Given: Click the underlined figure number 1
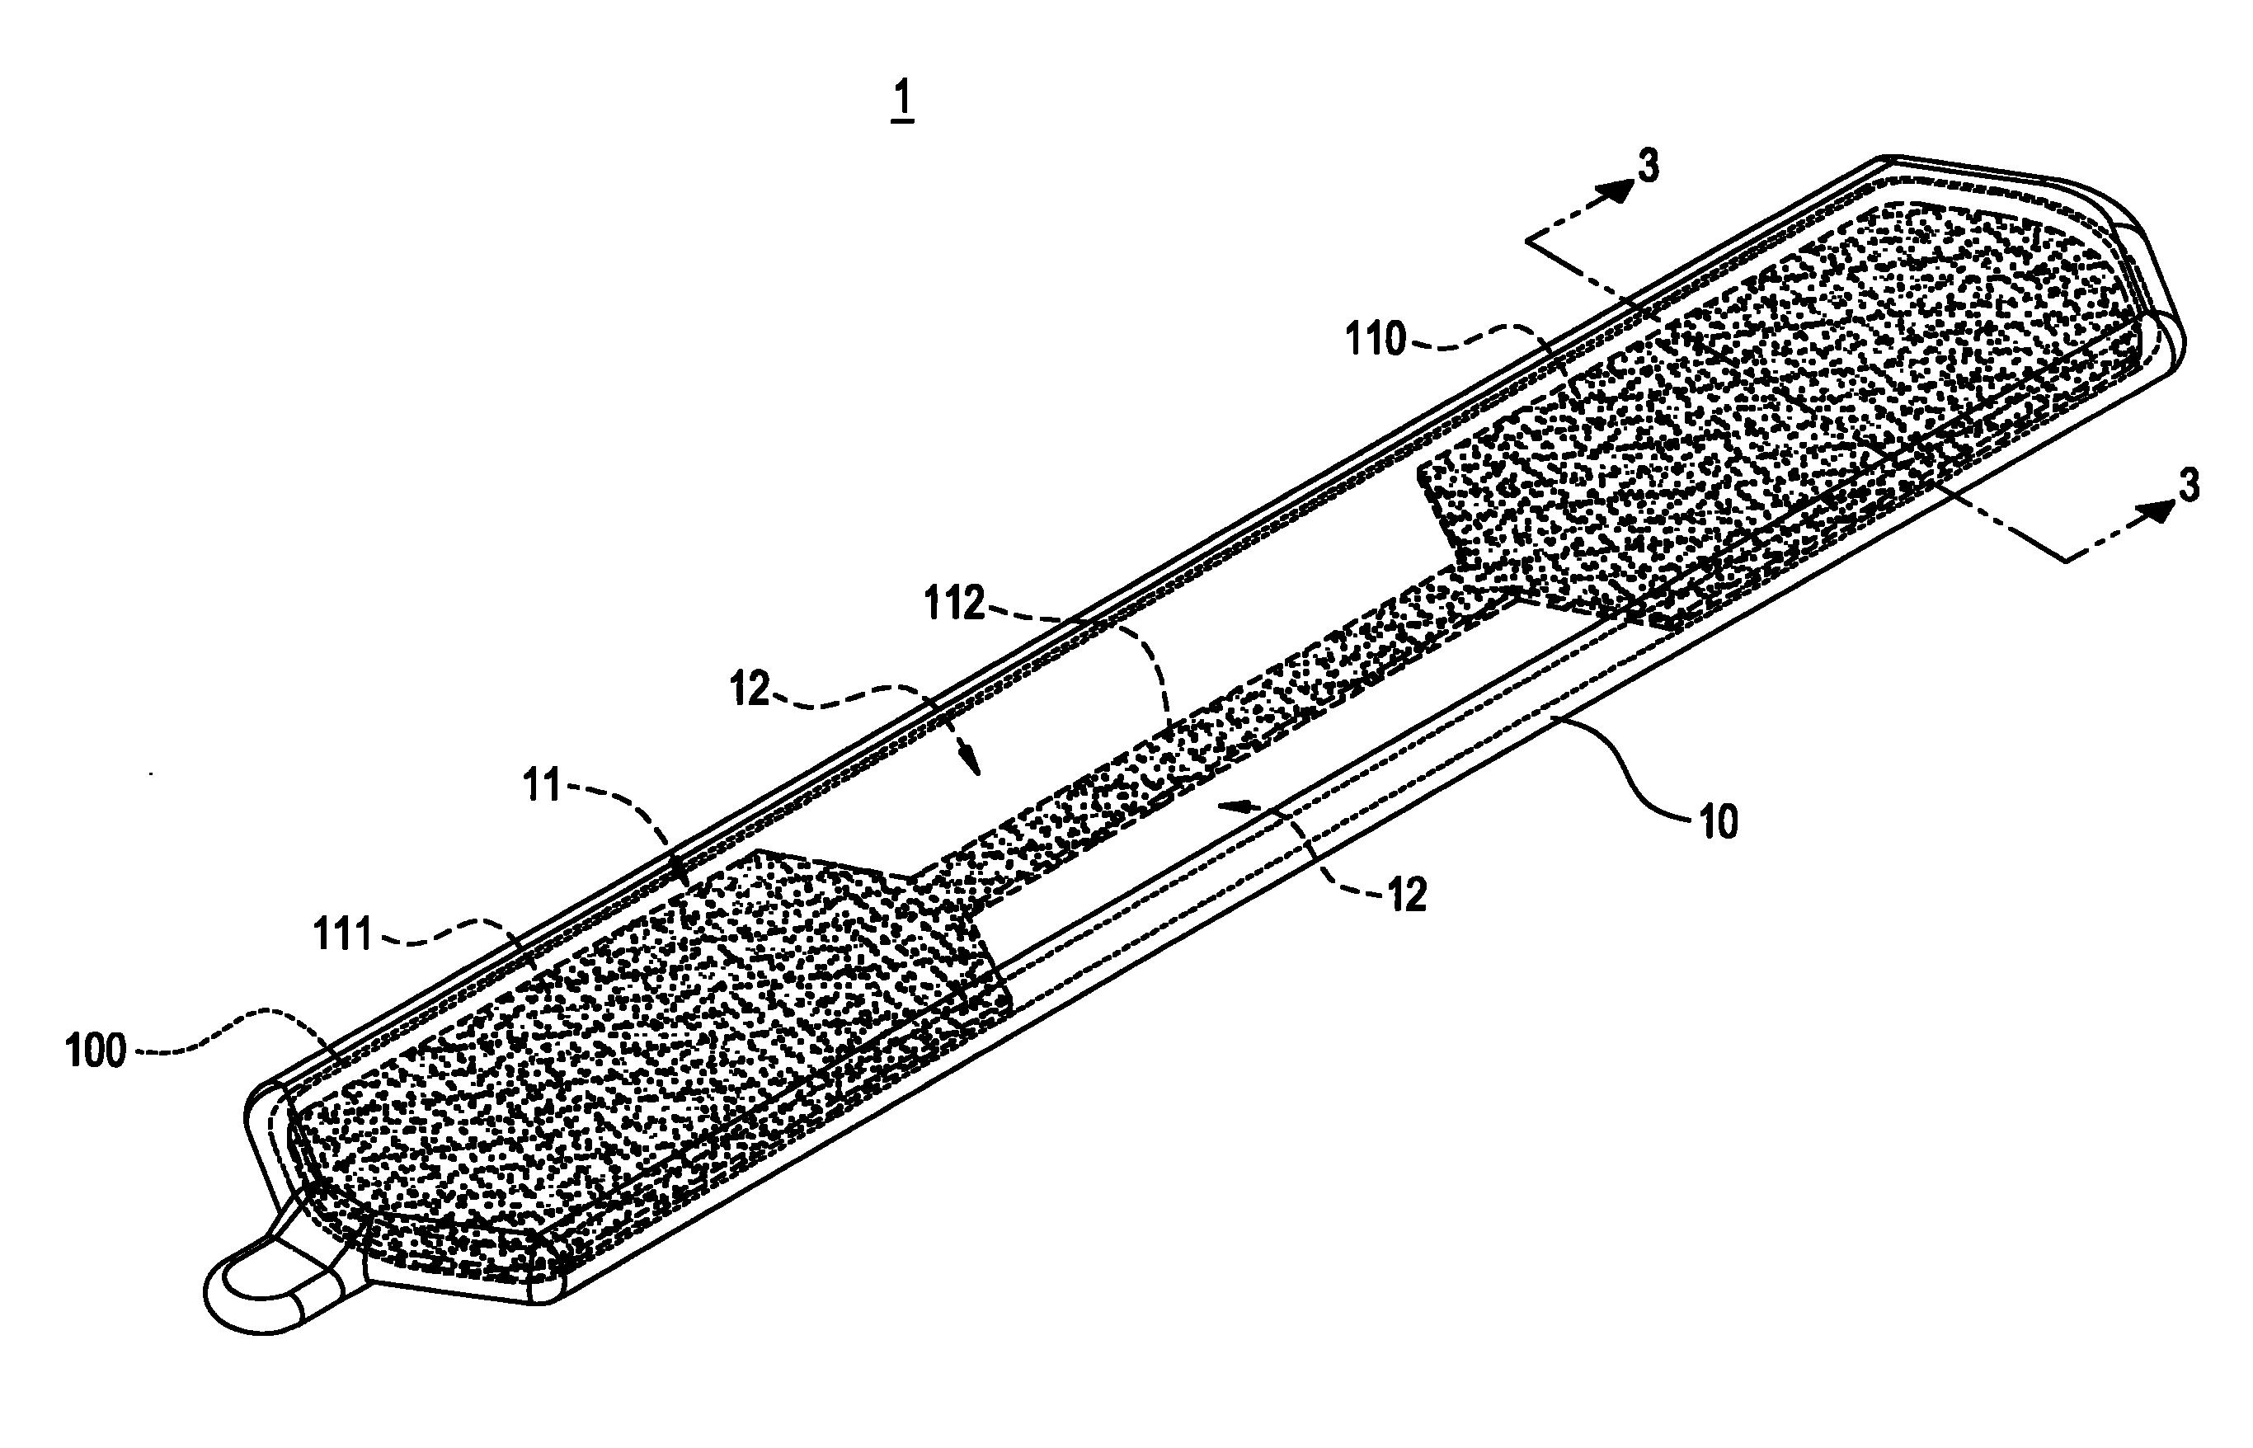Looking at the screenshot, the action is [x=903, y=101].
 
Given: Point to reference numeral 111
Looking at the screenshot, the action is [x=342, y=937].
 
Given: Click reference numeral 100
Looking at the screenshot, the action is [x=96, y=1051].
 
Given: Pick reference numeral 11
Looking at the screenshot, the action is [x=543, y=785].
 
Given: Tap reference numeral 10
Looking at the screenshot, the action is [x=1718, y=823].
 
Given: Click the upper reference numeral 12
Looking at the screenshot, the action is [x=750, y=691].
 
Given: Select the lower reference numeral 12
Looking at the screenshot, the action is [x=1406, y=896].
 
